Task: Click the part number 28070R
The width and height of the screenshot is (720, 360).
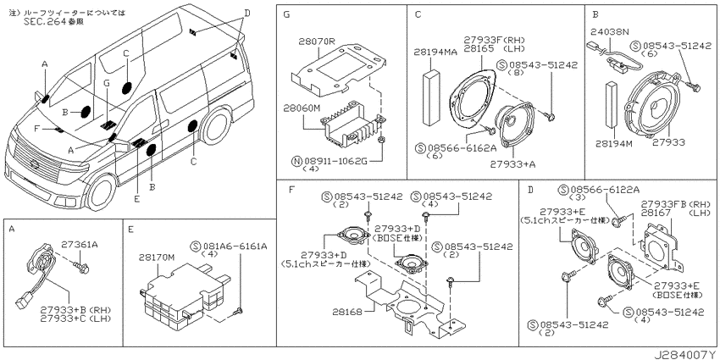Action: pyautogui.click(x=317, y=42)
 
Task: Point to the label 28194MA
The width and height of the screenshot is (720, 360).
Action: pyautogui.click(x=435, y=53)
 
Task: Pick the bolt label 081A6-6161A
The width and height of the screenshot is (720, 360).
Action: pyautogui.click(x=234, y=246)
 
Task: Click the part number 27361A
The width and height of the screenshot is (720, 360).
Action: pyautogui.click(x=80, y=245)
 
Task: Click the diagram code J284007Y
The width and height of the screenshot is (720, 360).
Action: pyautogui.click(x=685, y=355)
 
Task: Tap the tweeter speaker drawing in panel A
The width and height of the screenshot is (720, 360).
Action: pyautogui.click(x=42, y=258)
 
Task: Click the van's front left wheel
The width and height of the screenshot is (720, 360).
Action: pyautogui.click(x=101, y=192)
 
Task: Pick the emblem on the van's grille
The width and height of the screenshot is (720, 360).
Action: pyautogui.click(x=34, y=164)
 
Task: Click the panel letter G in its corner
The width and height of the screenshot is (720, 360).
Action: pyautogui.click(x=286, y=14)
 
